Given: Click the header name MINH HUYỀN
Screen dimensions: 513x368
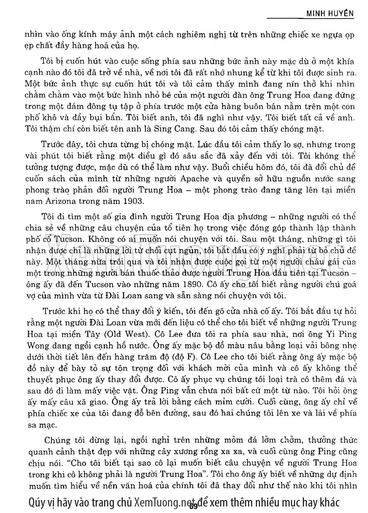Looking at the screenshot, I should point(329,14).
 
